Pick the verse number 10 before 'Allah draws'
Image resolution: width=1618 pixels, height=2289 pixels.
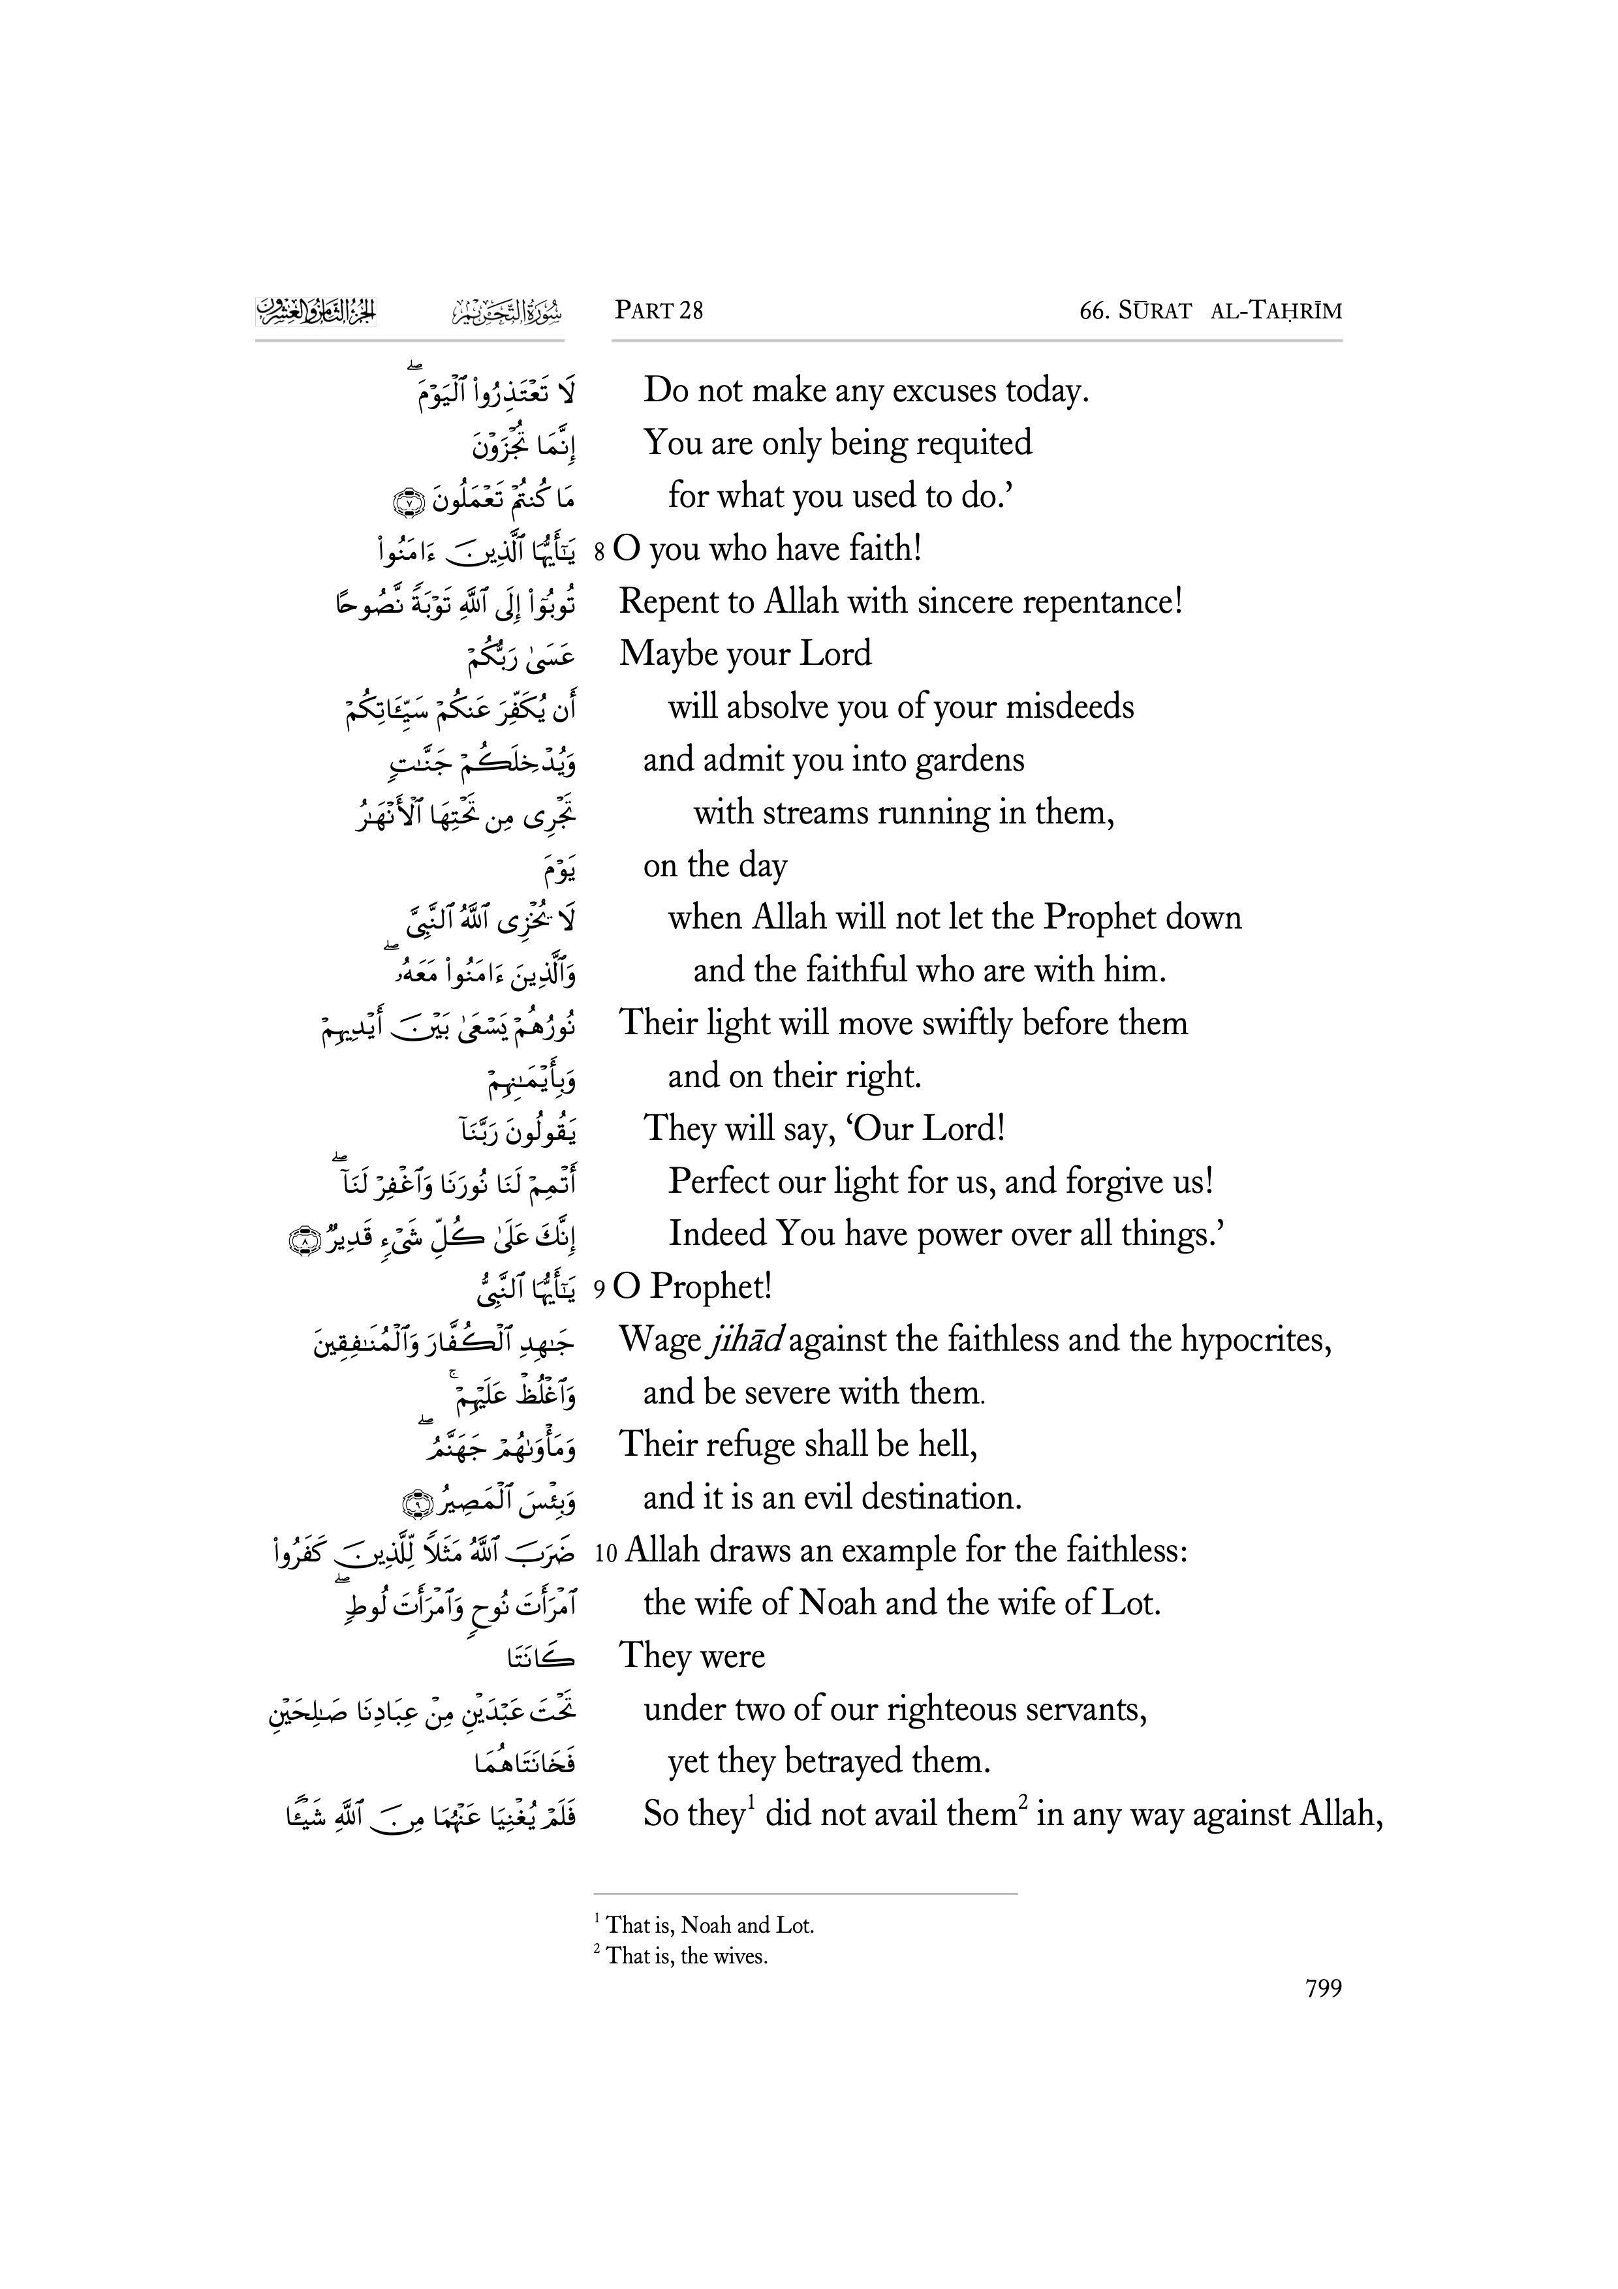pos(606,1553)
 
